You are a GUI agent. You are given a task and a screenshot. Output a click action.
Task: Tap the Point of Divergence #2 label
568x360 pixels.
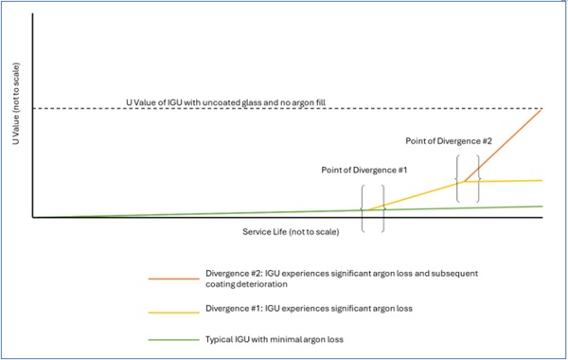coord(449,141)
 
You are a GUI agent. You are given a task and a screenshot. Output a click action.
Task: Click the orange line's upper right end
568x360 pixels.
coord(541,109)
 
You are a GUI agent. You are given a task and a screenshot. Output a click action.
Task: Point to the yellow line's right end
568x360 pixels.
coord(541,180)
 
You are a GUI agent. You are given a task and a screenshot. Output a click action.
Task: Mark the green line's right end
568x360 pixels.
coord(541,206)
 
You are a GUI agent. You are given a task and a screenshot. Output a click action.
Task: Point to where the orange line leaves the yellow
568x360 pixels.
coord(464,181)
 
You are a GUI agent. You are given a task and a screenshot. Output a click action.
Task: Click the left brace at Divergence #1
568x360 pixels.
coord(363,209)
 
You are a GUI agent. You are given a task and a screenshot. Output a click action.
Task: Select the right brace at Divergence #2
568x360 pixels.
coord(478,179)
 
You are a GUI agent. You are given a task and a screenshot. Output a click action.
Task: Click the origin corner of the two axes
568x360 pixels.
coord(33,217)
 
